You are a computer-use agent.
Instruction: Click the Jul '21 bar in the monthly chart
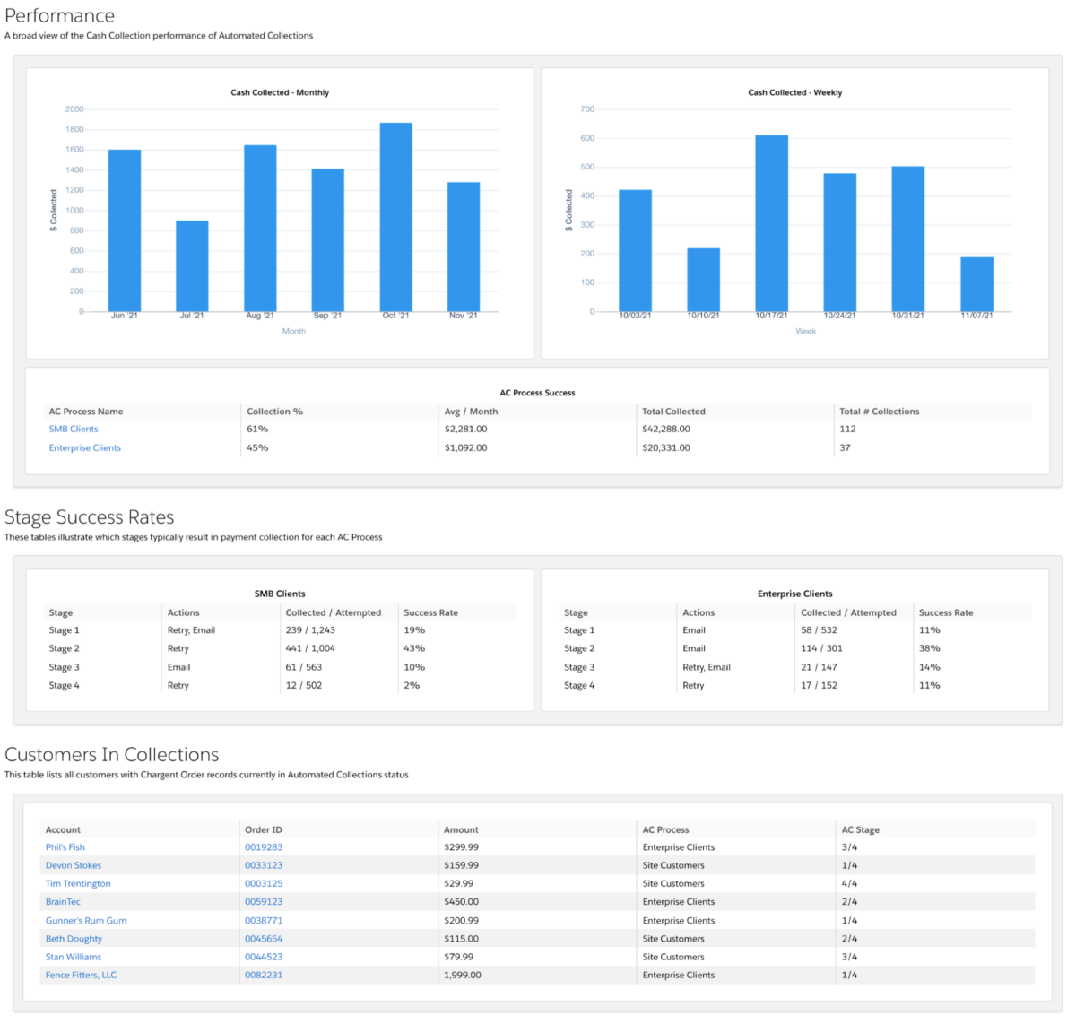(192, 266)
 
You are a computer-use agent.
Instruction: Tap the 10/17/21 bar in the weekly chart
(771, 223)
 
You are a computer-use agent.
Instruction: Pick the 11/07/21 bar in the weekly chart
(976, 284)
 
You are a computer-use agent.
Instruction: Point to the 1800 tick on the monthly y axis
(74, 130)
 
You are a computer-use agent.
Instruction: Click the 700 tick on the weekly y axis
(587, 109)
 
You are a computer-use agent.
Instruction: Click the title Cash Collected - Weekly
(794, 92)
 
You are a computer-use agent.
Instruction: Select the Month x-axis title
(294, 332)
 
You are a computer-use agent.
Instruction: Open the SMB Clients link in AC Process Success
(74, 430)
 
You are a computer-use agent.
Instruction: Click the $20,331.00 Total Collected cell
(666, 448)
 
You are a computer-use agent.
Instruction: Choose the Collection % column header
(274, 412)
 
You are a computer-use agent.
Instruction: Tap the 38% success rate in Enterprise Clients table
(929, 648)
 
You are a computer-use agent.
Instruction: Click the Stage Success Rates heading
(90, 517)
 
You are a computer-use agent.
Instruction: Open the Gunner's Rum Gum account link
(86, 921)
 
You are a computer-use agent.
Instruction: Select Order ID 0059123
(264, 902)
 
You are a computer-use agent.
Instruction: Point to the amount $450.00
(461, 902)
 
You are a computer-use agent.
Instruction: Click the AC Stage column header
(860, 830)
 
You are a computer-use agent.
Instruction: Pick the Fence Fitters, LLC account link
(81, 976)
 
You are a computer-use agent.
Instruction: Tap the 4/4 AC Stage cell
(849, 884)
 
